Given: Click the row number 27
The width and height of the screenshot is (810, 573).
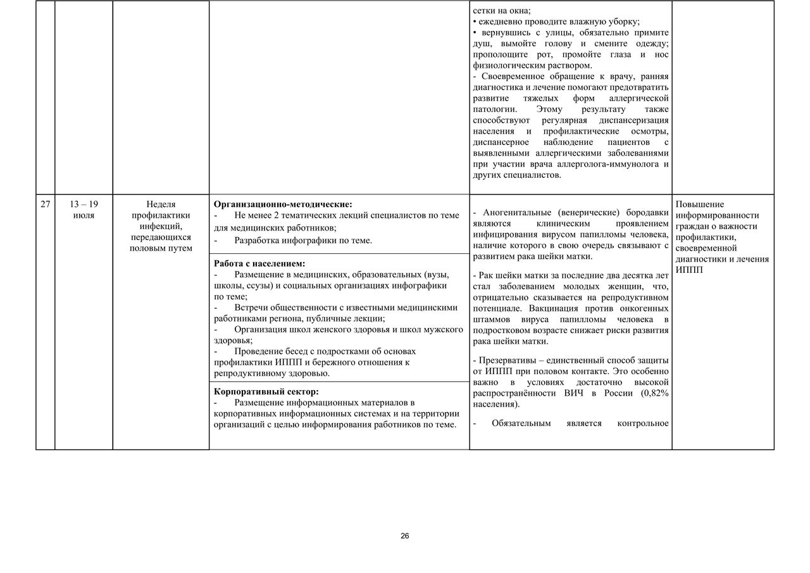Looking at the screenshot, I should point(45,204).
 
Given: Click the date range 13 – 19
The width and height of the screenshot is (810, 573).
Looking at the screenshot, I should point(84,204).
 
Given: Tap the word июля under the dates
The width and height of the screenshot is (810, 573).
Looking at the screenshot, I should point(84,215).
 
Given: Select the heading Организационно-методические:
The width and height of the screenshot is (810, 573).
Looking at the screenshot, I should point(283,204).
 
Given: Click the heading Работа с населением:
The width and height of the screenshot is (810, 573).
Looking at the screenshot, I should point(259,263).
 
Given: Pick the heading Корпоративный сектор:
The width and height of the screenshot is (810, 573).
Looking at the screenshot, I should point(266,391).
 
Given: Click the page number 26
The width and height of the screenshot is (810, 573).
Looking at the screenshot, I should point(405,536).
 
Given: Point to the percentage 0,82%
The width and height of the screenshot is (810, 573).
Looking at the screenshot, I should point(656,393).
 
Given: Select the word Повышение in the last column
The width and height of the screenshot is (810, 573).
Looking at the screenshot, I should point(700,205).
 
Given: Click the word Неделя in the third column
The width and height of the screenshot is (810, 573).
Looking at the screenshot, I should point(161,204).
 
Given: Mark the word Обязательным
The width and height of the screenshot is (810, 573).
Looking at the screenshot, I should point(521,423).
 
